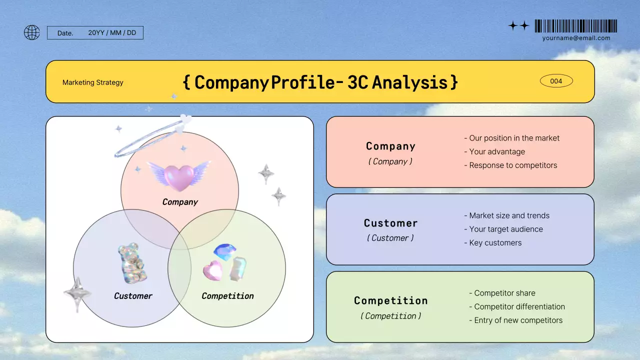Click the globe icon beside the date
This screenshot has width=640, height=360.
coord(32,32)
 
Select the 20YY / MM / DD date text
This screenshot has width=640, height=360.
coord(112,33)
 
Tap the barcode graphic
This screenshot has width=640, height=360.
coord(575,26)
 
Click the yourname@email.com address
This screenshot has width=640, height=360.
coord(576,38)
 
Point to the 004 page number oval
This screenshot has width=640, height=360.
coord(556,81)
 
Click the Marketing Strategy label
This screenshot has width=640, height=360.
coord(92,82)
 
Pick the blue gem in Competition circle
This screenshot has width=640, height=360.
coord(224,251)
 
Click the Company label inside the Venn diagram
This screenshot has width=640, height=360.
coord(180,202)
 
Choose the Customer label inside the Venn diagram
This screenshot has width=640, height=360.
coord(133,296)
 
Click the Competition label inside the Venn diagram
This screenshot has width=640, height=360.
coord(227,296)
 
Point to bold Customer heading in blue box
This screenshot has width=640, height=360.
coord(390,223)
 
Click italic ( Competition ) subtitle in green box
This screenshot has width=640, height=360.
coord(390,316)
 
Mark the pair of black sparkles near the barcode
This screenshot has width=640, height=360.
coord(518,26)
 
